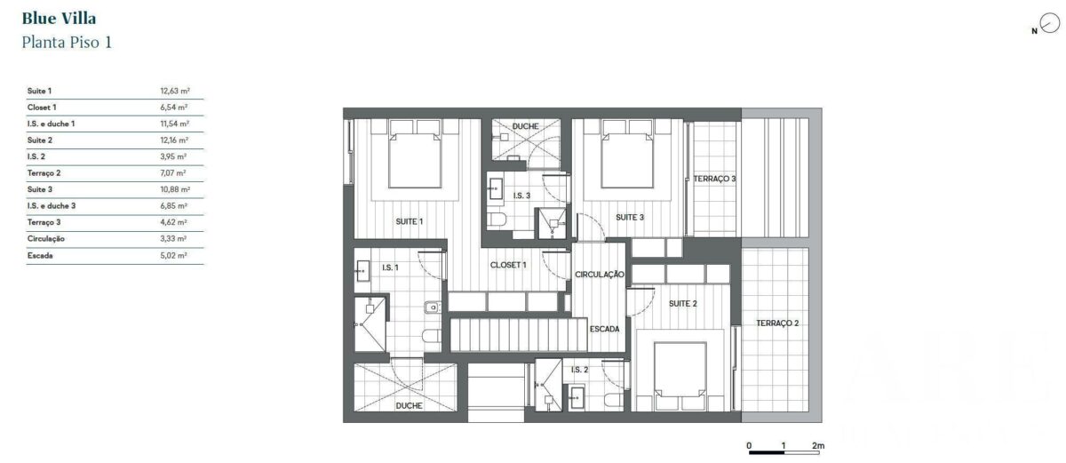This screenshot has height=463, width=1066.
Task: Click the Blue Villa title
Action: pos(59,19)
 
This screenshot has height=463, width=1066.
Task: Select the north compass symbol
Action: pos(1049,23)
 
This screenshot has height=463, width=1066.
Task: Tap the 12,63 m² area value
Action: pos(175,91)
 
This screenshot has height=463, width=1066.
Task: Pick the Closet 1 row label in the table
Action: pos(42,107)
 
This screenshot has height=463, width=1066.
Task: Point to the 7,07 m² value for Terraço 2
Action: pos(173,172)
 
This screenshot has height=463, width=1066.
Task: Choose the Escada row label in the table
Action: pos(40,255)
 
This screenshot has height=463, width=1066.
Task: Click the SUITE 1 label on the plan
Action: pos(410,221)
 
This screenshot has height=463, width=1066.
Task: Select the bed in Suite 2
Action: pos(680,376)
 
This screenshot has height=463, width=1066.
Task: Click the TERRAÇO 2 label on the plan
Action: pos(777,323)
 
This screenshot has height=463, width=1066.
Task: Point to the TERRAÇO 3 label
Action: pos(714,179)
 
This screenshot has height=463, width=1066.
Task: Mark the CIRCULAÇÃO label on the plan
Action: pos(599,274)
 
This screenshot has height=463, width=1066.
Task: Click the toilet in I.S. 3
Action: pos(497,220)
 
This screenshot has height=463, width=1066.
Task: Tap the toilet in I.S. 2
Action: pos(614,400)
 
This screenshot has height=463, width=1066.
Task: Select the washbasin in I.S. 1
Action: pos(362,271)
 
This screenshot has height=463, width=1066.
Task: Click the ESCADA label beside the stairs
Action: pos(604,329)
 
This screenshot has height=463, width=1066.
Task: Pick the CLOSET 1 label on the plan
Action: pos(508,265)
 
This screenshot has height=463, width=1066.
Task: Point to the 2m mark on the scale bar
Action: pos(818,446)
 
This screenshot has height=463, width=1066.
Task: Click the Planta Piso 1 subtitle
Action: pos(67,43)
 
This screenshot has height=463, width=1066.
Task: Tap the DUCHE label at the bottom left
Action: pos(409,405)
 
